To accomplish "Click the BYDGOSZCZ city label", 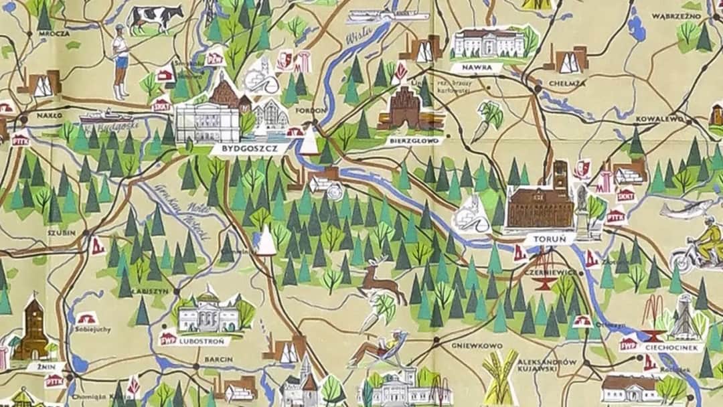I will [250, 149].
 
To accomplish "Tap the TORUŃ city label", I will [545, 238].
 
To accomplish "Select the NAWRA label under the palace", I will [476, 68].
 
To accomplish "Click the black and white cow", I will [155, 17].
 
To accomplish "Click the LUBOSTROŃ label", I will [204, 341].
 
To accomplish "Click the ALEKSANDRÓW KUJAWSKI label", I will [547, 365].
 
